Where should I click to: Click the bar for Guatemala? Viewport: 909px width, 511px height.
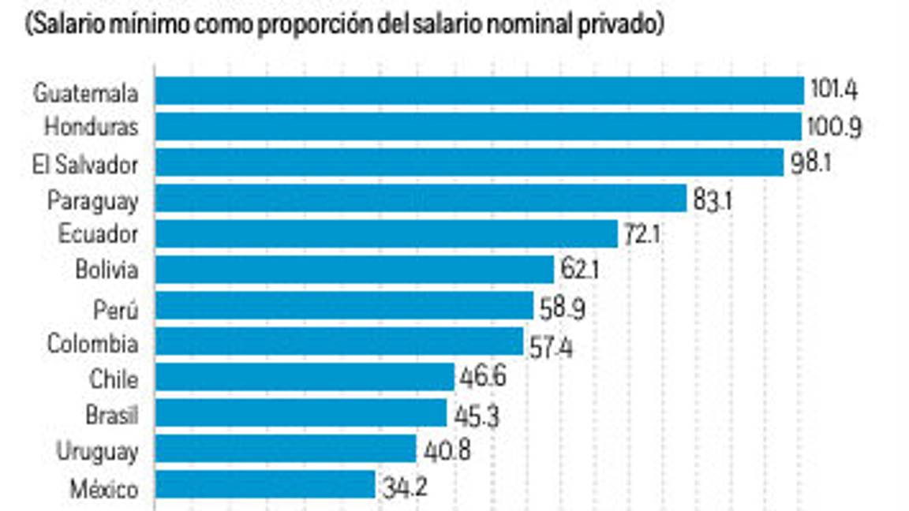pyautogui.click(x=479, y=91)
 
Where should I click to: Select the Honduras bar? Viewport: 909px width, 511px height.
pyautogui.click(x=478, y=126)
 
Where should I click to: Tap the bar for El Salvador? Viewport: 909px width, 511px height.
pyautogui.click(x=469, y=162)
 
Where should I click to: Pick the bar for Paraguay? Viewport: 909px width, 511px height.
pyautogui.click(x=421, y=199)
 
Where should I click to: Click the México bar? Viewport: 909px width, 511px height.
pyautogui.click(x=264, y=485)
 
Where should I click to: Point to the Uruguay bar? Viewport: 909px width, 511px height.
pyautogui.click(x=285, y=449)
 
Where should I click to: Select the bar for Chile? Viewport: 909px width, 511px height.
pyautogui.click(x=305, y=377)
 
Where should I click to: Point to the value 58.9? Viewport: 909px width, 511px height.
pyautogui.click(x=563, y=308)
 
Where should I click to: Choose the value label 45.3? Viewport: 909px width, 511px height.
pyautogui.click(x=477, y=415)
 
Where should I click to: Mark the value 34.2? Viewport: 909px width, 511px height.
pyautogui.click(x=405, y=487)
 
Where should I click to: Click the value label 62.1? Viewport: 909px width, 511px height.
pyautogui.click(x=581, y=270)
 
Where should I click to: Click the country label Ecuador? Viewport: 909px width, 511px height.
pyautogui.click(x=99, y=234)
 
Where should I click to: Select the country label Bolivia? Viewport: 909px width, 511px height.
pyautogui.click(x=107, y=270)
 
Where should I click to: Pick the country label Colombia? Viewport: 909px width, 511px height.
pyautogui.click(x=92, y=344)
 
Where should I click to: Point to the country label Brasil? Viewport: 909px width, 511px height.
pyautogui.click(x=111, y=415)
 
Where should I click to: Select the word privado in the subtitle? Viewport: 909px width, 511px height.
pyautogui.click(x=619, y=24)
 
